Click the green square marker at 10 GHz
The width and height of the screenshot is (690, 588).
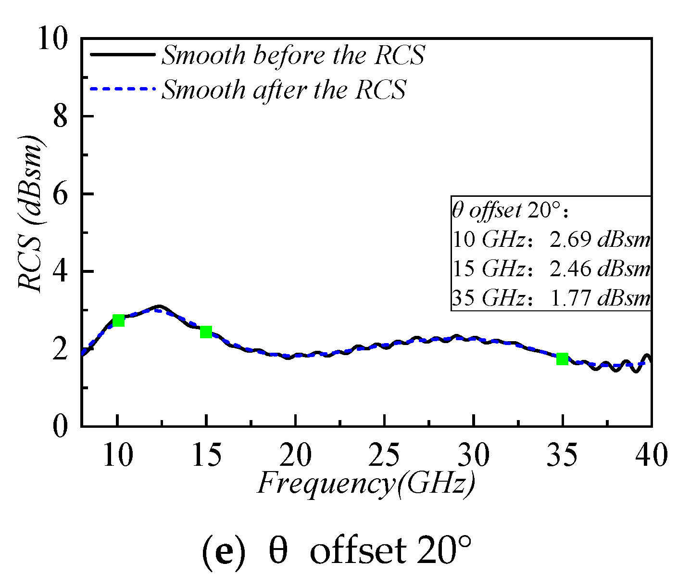(x=118, y=320)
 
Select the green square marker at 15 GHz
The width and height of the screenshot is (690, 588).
(x=206, y=332)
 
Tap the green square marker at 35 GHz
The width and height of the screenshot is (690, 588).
(x=562, y=359)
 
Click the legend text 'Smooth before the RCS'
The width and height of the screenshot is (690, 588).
(x=293, y=55)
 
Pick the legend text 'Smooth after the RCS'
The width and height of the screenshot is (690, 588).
(x=284, y=89)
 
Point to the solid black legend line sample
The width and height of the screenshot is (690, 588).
(x=123, y=55)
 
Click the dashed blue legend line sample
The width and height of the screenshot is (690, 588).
(x=123, y=89)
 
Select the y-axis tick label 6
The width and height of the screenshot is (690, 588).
(x=60, y=194)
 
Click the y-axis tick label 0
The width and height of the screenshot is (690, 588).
(x=60, y=426)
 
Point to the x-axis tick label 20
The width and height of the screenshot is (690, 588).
(x=295, y=455)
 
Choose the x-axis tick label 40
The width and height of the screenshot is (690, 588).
(x=652, y=455)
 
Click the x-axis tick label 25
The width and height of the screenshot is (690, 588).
(x=384, y=455)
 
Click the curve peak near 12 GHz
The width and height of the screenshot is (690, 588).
(x=159, y=307)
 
